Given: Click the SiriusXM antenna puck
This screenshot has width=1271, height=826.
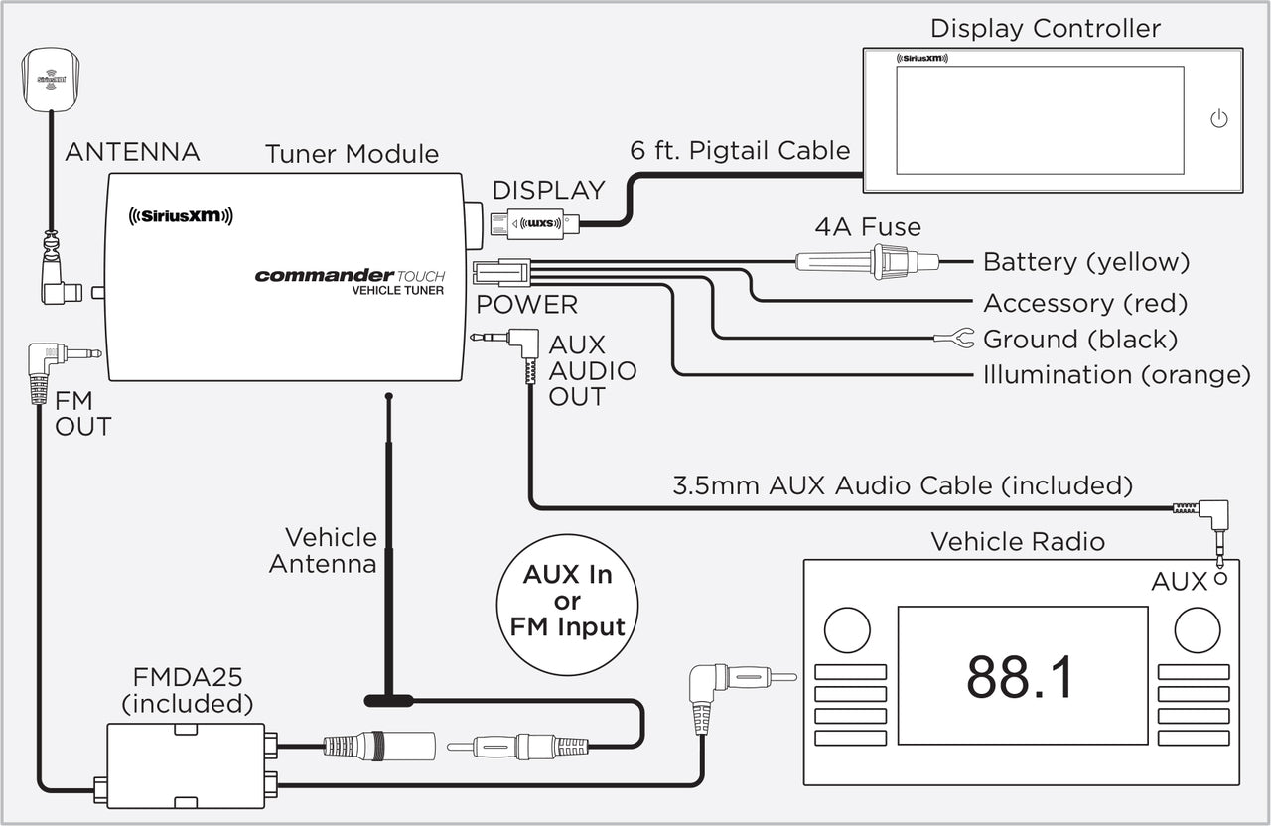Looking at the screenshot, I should click(x=50, y=77).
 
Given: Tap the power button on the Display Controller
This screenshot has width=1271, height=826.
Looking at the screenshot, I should click(x=1219, y=119).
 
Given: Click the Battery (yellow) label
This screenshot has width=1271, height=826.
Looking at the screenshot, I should click(x=1085, y=262).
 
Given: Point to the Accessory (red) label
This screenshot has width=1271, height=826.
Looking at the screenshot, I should click(x=1084, y=303).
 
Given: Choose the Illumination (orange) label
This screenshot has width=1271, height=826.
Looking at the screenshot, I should click(x=1116, y=375).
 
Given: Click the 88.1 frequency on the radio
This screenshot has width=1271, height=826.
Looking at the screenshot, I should click(x=1021, y=677).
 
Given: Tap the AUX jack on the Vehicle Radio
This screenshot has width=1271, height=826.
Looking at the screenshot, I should click(x=1219, y=578).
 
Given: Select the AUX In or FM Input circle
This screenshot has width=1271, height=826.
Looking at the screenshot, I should click(x=567, y=601).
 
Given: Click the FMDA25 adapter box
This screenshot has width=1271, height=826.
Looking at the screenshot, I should click(x=186, y=765).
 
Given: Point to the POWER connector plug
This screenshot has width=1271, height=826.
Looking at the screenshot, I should click(x=501, y=271).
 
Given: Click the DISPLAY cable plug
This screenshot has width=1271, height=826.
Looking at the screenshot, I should click(x=536, y=224).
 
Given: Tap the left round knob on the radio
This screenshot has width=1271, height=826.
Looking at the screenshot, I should click(x=847, y=629).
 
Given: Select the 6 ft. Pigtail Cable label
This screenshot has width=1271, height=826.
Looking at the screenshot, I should click(x=740, y=150).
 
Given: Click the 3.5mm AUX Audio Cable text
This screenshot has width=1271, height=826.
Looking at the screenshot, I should click(x=902, y=485).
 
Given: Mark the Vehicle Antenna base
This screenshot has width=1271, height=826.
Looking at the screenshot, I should click(x=388, y=700).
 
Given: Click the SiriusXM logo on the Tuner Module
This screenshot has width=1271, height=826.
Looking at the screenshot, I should click(x=181, y=216).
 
